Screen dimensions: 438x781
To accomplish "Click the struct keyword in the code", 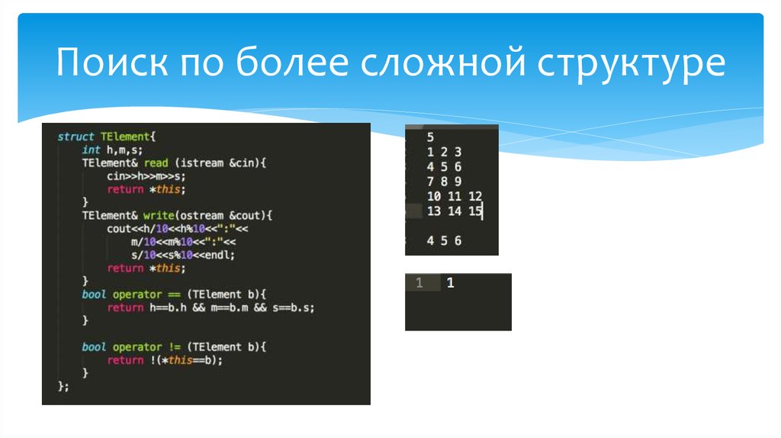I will pyautogui.click(x=76, y=137).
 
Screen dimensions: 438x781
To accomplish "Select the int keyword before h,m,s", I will pyautogui.click(x=92, y=150).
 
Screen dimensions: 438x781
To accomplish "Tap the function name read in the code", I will pyautogui.click(x=156, y=163).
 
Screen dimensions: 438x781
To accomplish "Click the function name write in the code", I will pyautogui.click(x=157, y=215).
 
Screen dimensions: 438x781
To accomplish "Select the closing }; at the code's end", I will pyautogui.click(x=63, y=386).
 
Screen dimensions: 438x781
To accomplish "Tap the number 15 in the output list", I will pyautogui.click(x=474, y=211).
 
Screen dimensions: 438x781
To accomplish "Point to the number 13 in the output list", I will pyautogui.click(x=434, y=211).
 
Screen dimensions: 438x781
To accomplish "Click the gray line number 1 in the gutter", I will pyautogui.click(x=418, y=283).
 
